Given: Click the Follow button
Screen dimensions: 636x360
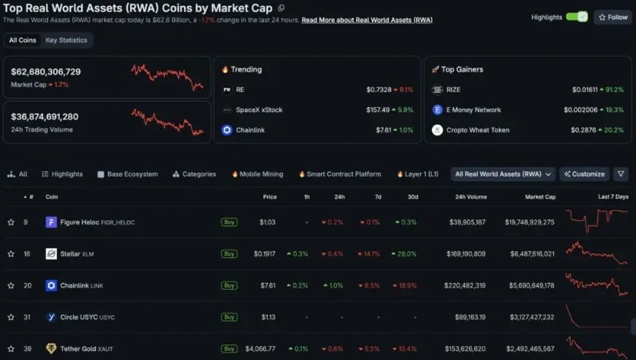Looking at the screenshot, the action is (613, 18).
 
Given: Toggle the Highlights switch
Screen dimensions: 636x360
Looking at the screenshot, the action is (577, 17).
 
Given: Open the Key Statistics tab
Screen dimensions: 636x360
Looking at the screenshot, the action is (66, 40).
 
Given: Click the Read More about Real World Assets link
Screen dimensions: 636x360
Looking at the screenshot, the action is (367, 20).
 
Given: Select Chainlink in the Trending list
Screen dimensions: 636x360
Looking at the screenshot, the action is (250, 130).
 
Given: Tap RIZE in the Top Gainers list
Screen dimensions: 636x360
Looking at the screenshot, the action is (453, 89).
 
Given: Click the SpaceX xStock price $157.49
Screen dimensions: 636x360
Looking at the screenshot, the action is (378, 110).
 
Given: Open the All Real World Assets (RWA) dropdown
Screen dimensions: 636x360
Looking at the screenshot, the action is (503, 174).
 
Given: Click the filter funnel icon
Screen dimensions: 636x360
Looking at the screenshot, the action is (620, 174).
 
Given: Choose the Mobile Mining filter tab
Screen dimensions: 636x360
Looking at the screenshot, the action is (257, 174).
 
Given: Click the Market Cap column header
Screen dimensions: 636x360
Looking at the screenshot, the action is (541, 197).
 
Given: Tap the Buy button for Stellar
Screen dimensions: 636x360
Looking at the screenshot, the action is (229, 254).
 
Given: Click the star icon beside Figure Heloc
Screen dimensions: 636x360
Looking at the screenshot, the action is (11, 223).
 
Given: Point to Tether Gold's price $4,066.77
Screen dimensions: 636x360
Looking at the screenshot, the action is (260, 349).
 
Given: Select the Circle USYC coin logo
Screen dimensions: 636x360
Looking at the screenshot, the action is (51, 317).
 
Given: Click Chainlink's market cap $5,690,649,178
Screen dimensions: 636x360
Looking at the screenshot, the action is (532, 285).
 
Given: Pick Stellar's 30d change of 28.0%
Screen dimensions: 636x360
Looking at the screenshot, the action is (404, 254).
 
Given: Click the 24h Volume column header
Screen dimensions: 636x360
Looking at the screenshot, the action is (471, 197).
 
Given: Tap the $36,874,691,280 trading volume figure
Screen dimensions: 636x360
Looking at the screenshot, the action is (44, 117).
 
